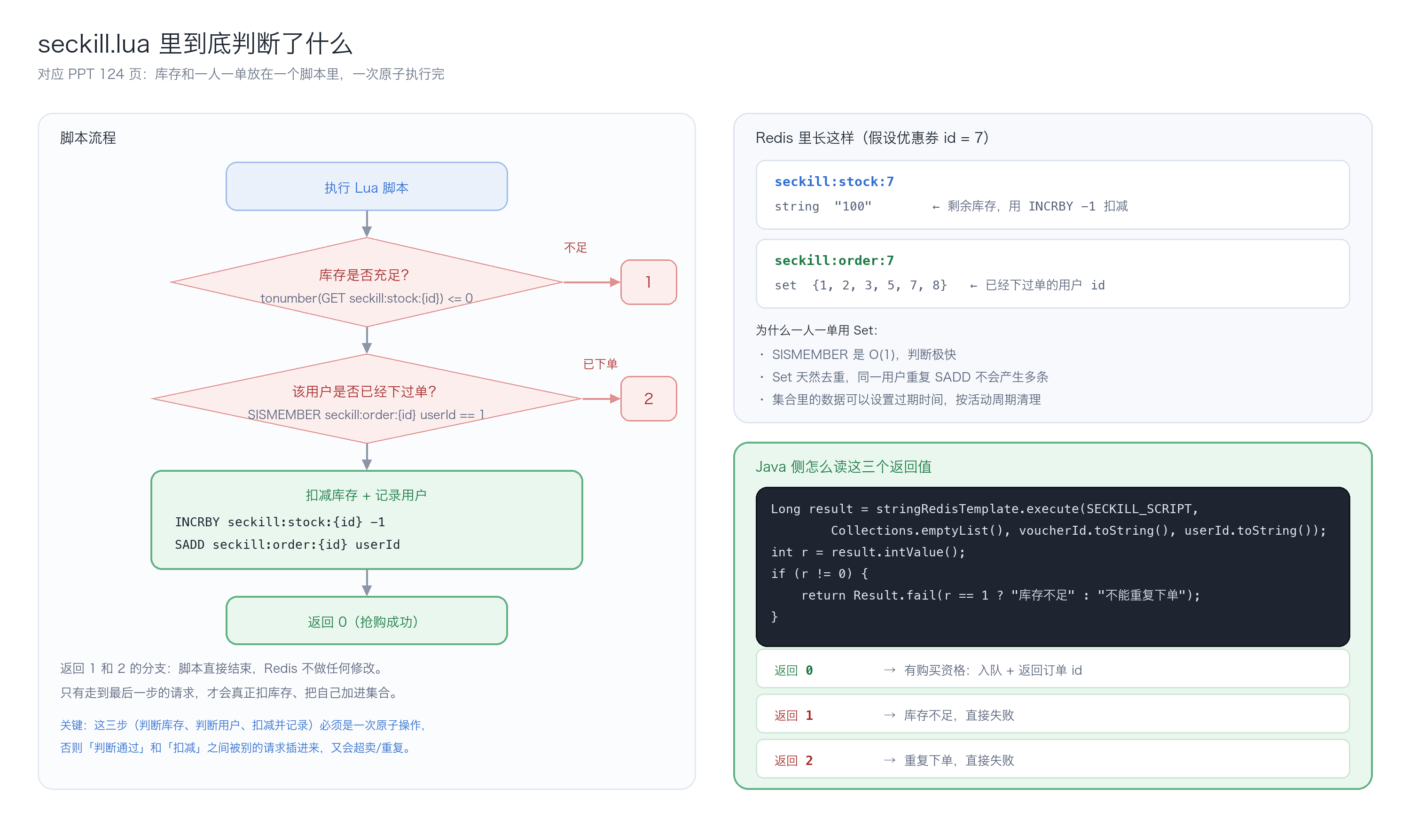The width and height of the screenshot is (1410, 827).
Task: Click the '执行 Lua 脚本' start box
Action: (x=367, y=187)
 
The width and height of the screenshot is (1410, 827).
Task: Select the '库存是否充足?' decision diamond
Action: (x=367, y=282)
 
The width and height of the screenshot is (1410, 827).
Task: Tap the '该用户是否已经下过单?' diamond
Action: (x=367, y=398)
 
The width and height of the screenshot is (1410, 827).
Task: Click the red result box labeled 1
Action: (x=649, y=282)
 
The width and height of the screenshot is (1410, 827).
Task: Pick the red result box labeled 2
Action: (x=649, y=398)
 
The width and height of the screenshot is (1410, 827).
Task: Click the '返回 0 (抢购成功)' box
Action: (x=367, y=621)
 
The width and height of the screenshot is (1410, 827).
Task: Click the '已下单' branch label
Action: (x=600, y=364)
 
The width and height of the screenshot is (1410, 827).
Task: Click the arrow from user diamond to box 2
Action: (x=602, y=398)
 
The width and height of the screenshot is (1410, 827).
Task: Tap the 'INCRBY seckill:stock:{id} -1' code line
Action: (x=280, y=522)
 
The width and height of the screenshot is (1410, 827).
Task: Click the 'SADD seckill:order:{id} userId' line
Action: (x=288, y=545)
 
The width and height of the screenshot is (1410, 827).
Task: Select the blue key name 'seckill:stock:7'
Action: (x=834, y=182)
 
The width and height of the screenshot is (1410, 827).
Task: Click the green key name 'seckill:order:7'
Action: (x=834, y=261)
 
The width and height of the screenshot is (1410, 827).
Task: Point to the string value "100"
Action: (x=853, y=206)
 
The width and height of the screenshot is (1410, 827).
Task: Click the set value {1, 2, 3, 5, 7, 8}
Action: (x=879, y=285)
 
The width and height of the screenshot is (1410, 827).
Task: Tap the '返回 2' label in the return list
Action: (x=793, y=760)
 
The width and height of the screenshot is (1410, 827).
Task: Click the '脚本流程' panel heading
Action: (x=88, y=138)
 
